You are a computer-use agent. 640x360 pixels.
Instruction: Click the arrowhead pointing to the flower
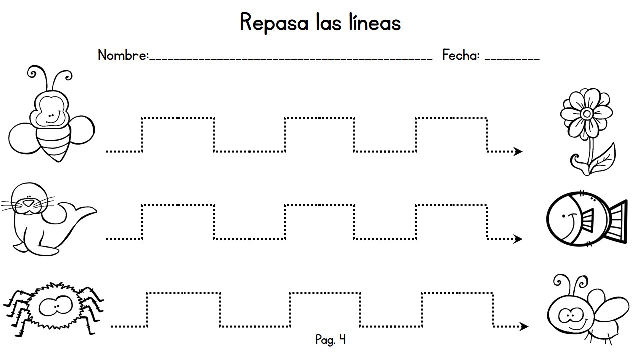point(518,151)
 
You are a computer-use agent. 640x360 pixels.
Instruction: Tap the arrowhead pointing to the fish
point(518,239)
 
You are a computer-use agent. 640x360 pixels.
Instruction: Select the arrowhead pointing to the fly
point(523,326)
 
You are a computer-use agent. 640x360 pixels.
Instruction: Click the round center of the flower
point(587,114)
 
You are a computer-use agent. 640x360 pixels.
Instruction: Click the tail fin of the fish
point(617,222)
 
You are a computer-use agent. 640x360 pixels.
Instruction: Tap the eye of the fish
point(563,216)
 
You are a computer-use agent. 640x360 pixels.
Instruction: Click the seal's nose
point(28,203)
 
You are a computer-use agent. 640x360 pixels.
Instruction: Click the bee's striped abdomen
point(54,145)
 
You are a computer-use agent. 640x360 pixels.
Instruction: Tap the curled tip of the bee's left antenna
point(32,73)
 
